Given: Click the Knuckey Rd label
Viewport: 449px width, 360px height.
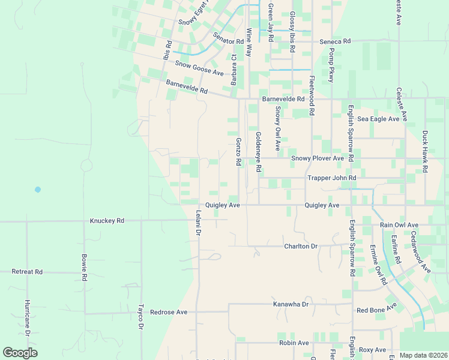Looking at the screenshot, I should tap(107, 221).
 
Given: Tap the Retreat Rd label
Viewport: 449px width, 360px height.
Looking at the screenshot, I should tap(27, 272).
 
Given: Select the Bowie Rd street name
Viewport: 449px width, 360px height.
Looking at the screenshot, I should tap(85, 268).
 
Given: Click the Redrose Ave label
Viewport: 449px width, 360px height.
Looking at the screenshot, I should tap(169, 312).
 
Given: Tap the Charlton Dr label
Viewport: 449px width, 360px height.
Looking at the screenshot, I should tap(301, 246).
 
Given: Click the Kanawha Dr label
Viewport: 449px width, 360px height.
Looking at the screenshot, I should tap(291, 304).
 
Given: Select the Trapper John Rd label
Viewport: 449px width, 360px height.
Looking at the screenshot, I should tap(331, 178).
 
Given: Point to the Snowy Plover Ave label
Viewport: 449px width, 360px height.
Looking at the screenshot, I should tap(318, 158).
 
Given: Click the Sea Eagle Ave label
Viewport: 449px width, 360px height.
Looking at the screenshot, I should tap(378, 119).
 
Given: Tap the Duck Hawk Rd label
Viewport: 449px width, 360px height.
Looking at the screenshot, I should tap(425, 152).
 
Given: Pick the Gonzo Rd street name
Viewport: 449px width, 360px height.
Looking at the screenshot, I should tap(238, 152).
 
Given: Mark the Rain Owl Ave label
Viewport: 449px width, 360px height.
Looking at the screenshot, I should tap(399, 225).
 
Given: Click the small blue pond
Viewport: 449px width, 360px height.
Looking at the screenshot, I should tap(38, 189).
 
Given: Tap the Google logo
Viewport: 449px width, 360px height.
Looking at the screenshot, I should tap(20, 353).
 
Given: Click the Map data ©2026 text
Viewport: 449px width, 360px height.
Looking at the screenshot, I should tap(423, 355).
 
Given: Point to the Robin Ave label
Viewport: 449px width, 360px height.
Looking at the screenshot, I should tap(294, 343).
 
